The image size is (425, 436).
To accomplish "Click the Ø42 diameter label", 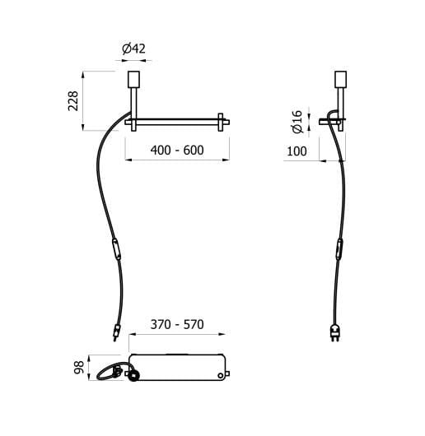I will tap(133, 49).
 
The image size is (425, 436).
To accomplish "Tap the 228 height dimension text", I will tap(73, 101).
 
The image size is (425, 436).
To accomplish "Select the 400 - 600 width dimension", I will tap(177, 151).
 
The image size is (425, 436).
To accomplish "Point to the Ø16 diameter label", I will tap(297, 123).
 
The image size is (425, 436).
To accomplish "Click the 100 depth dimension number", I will tap(297, 151).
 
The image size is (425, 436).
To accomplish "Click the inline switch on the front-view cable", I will tap(117, 248).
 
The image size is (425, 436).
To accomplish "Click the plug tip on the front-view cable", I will tap(115, 333).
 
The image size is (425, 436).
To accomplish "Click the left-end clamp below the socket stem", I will tap(130, 123).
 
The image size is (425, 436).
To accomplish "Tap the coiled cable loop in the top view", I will tap(110, 371).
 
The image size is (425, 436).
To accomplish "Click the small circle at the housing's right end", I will tap(219, 374).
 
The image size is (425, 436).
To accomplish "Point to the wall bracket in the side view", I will tap(330, 122).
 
